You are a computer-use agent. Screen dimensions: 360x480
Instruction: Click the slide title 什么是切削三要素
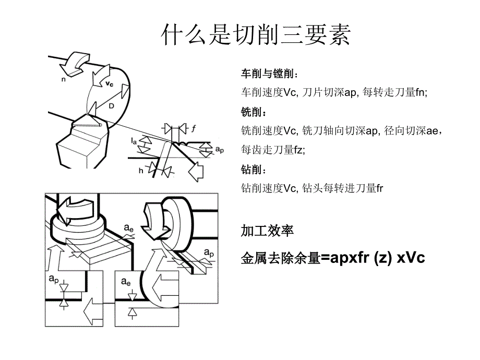pos(256,35)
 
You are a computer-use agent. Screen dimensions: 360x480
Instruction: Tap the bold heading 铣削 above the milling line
pos(250,112)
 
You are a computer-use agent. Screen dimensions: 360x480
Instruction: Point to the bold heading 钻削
pos(250,170)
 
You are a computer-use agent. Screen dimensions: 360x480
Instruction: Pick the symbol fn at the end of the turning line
pos(421,92)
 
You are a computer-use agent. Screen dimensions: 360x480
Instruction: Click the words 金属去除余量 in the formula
pos(279,258)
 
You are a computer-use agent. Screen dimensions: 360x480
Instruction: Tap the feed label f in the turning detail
pos(193,128)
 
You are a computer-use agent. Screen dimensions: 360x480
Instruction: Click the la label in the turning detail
pos(134,141)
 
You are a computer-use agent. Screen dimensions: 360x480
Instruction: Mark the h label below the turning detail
pos(140,171)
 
